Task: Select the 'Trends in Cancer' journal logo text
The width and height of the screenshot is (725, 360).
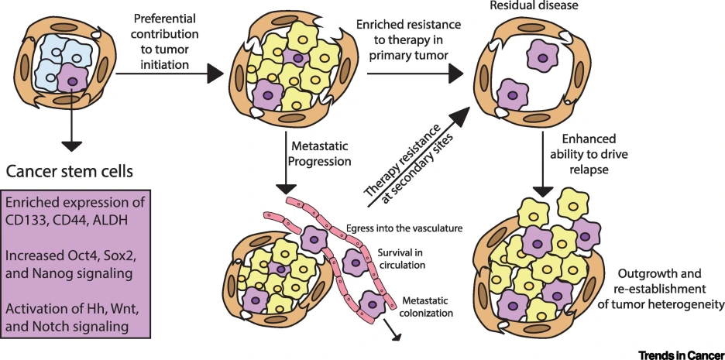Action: [680, 353]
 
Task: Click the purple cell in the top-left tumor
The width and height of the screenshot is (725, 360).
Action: [74, 79]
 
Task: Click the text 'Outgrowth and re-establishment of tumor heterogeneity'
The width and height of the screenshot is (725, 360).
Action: [671, 289]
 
